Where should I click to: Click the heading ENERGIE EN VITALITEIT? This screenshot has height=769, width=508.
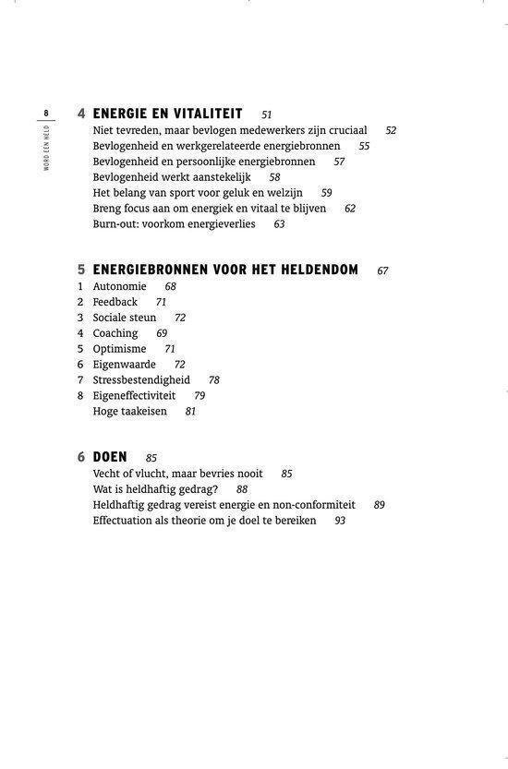click(x=167, y=114)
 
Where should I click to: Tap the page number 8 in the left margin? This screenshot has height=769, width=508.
click(x=45, y=113)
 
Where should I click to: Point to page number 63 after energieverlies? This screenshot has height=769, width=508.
click(x=279, y=224)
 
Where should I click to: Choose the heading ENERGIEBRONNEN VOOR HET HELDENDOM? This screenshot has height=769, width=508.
click(x=225, y=270)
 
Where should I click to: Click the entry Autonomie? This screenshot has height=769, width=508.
click(x=119, y=287)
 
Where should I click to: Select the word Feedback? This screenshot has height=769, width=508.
click(x=115, y=302)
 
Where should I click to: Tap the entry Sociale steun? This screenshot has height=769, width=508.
click(x=125, y=318)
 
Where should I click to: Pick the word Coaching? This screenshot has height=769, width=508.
click(x=115, y=333)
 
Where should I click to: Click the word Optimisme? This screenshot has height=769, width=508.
click(x=119, y=349)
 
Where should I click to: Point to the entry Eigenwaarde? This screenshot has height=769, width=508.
click(x=124, y=365)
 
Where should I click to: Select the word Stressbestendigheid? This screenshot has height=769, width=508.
click(x=141, y=380)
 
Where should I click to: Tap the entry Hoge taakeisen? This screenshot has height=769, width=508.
click(x=130, y=412)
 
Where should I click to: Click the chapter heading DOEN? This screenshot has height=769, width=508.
click(x=110, y=457)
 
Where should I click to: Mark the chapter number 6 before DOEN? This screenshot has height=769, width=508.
click(x=81, y=457)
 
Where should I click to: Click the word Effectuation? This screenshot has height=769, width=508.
click(x=126, y=521)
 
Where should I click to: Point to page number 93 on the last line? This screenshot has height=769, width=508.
click(x=340, y=521)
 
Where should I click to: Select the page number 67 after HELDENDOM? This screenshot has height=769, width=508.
click(x=382, y=271)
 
